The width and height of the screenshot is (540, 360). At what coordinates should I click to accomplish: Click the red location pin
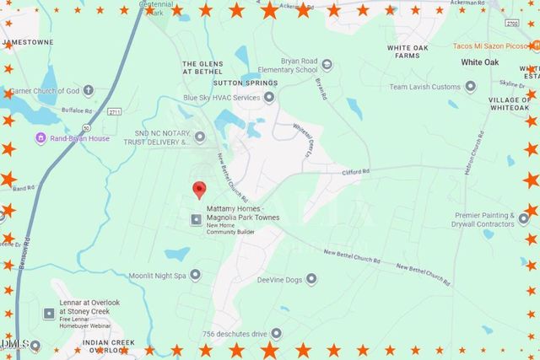tap(199, 190)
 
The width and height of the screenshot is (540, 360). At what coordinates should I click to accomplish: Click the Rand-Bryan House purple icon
tap(39, 137)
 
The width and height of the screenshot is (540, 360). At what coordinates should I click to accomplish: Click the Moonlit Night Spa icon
tap(196, 274)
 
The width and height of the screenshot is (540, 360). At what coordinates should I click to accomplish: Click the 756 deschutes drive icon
tap(276, 333)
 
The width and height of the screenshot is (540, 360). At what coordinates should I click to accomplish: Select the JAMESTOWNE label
tap(30, 40)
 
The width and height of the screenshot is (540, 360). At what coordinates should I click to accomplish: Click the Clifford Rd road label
tap(355, 172)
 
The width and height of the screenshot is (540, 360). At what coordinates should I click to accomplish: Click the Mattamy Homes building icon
tap(197, 220)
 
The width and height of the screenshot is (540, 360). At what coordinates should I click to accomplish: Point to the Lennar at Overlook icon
tap(48, 313)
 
